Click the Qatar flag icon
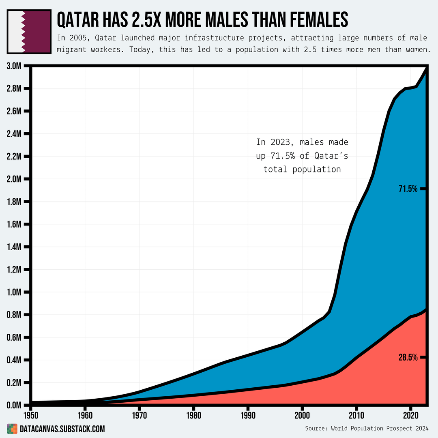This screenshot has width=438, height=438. (29, 32)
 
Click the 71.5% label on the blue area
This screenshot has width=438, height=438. (408, 189)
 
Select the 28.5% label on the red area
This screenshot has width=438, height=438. (408, 357)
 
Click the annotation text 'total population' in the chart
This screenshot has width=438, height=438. (302, 169)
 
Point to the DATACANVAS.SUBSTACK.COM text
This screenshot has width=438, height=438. (62, 429)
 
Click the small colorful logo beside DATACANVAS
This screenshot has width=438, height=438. (12, 429)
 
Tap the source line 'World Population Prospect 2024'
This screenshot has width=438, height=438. (380, 428)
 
